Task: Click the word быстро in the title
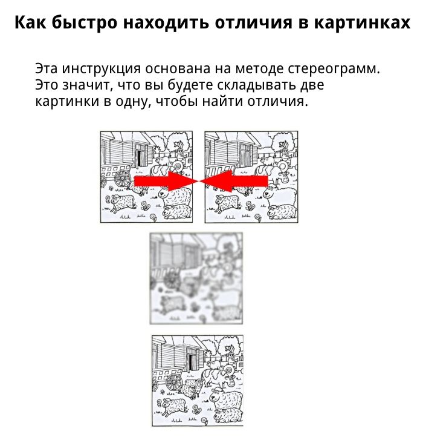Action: [85, 23]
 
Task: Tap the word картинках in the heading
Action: [363, 22]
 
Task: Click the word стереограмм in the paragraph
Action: [334, 69]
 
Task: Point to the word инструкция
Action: [102, 69]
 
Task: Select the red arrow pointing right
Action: [166, 181]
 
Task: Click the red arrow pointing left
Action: [234, 181]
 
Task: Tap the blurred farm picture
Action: [196, 278]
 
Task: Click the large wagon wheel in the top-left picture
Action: [123, 179]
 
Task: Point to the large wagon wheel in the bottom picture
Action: [174, 383]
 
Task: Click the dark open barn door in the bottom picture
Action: [190, 362]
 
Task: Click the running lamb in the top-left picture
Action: [123, 203]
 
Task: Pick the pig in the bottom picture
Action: [214, 364]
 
